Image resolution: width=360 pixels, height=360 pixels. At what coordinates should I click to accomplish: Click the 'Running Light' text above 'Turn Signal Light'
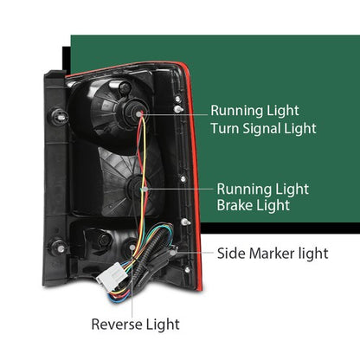(x=254, y=111)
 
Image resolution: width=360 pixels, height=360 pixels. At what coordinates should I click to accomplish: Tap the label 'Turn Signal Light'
(x=263, y=129)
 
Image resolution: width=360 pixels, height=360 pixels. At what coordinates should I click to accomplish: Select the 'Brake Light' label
(x=254, y=206)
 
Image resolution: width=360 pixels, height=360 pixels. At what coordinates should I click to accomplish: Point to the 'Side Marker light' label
(x=273, y=254)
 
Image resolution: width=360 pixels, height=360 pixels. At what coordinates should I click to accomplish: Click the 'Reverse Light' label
(x=135, y=325)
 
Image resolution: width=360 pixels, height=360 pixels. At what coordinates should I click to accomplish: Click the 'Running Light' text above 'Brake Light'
(x=263, y=190)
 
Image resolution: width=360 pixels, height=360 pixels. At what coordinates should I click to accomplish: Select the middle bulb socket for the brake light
(x=138, y=188)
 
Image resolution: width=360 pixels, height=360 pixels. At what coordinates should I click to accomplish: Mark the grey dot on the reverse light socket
(x=132, y=247)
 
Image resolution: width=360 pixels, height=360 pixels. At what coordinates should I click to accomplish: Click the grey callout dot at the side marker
(x=173, y=253)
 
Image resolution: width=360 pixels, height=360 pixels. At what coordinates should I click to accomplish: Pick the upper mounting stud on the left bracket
(x=60, y=117)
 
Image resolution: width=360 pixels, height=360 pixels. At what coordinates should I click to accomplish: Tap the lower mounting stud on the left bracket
(x=60, y=248)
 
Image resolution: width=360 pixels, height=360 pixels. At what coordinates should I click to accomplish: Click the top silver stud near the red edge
(x=178, y=109)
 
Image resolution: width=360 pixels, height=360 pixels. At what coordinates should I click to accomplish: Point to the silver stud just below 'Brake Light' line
(x=185, y=222)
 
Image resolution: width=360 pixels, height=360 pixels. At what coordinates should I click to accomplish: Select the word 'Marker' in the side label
(x=273, y=254)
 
